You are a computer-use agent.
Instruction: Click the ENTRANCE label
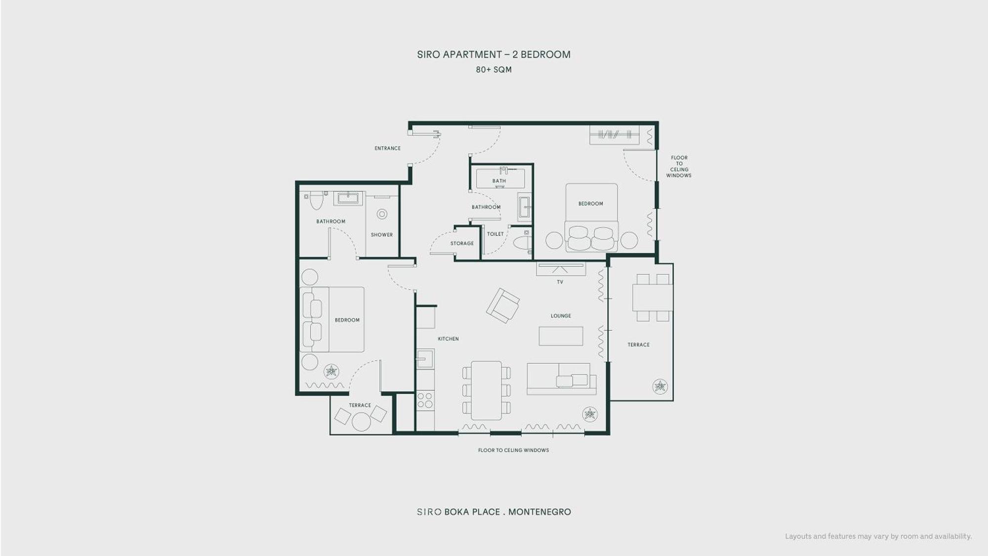coord(387,148)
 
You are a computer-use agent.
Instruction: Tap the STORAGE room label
coord(462,243)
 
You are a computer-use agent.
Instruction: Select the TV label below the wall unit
coord(560,282)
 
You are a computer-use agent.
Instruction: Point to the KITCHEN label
coord(448,339)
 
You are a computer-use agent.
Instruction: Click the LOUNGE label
coord(561,316)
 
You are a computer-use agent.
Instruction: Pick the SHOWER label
coord(382,235)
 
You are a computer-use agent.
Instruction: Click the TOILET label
coord(495,234)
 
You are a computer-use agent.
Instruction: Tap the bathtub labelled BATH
coord(500,178)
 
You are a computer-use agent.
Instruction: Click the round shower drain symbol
coord(382,214)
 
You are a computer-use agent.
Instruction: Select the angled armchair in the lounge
coord(503,305)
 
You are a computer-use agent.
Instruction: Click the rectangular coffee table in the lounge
coord(561,336)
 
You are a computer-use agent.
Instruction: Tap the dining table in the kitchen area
coord(487,390)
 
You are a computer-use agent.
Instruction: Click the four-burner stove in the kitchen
coord(425,400)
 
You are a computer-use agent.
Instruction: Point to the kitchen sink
coord(425,359)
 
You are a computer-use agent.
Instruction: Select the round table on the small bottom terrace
coord(361,422)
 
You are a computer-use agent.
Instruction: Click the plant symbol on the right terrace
coord(660,386)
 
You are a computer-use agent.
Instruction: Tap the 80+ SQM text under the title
coord(494,70)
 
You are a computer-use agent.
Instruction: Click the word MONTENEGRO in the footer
coord(539,512)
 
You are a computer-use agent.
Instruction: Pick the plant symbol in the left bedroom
coord(331,371)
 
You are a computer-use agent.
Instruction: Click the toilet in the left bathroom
coord(316,200)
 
